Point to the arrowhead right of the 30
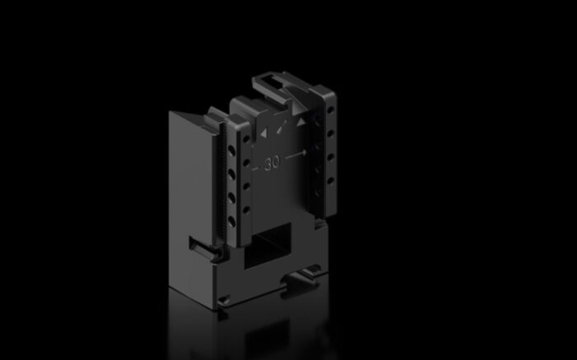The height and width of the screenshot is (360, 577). pos(304,152)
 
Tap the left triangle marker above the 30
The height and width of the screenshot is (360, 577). pos(264,132)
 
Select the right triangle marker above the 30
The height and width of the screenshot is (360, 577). pos(302,122)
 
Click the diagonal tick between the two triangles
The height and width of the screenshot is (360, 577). pos(283,127)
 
